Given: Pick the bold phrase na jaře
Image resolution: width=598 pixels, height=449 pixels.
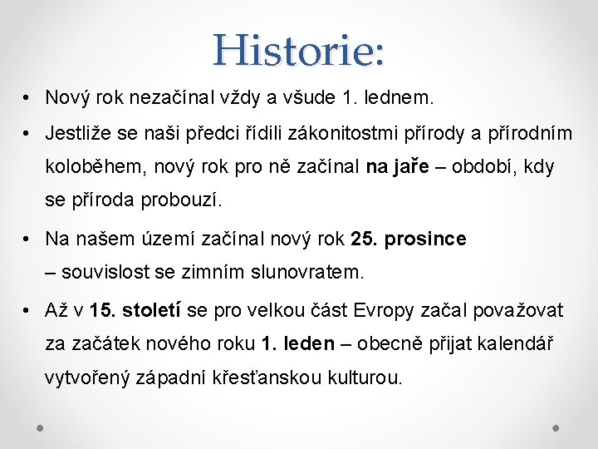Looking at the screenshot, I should click(397, 167).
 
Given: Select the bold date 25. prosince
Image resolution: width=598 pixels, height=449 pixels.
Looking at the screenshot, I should click(409, 239).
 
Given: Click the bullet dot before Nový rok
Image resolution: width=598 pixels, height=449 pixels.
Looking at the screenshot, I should click(28, 99).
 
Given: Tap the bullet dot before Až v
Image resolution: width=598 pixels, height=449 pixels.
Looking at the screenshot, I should click(28, 312).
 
